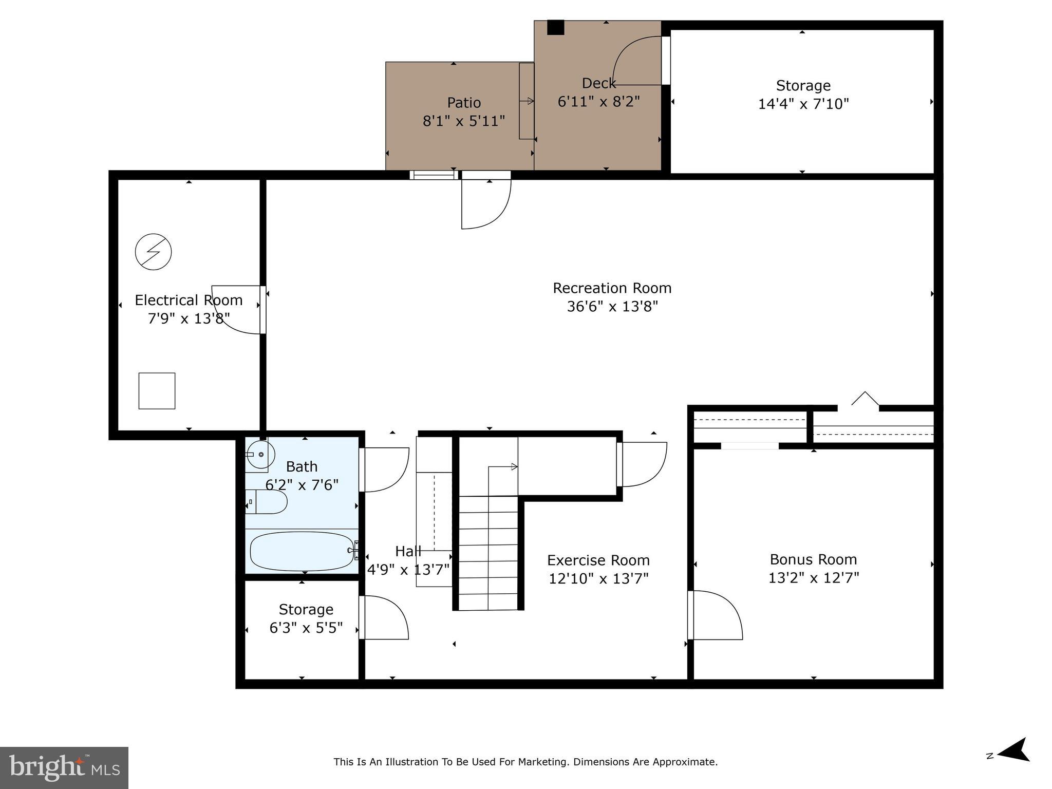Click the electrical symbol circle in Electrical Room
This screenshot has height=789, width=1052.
click(x=153, y=252)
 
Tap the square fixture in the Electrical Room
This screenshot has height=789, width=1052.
click(x=157, y=391)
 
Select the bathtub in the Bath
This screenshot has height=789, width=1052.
click(x=302, y=551)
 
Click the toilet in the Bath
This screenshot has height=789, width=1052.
click(x=269, y=501)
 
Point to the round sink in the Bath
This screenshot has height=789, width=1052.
click(x=260, y=455)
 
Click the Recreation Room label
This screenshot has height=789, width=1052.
click(x=612, y=288)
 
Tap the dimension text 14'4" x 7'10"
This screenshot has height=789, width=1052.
click(x=803, y=104)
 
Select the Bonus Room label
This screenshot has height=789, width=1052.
click(x=813, y=559)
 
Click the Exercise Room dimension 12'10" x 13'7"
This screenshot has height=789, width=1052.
click(x=598, y=579)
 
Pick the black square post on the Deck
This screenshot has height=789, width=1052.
click(x=555, y=27)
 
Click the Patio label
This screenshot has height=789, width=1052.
click(x=464, y=103)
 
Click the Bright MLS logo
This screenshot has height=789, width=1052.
click(x=64, y=768)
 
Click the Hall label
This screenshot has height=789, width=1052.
click(x=408, y=552)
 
